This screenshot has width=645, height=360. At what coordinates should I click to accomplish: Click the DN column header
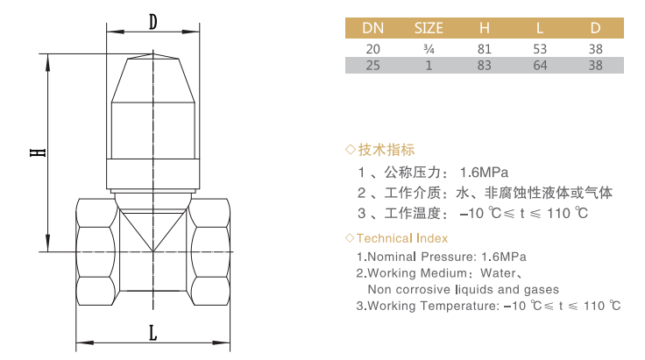click(x=372, y=28)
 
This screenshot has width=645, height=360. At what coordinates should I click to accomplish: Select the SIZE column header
click(x=429, y=28)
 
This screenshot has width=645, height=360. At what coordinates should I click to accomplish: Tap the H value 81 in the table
click(x=484, y=49)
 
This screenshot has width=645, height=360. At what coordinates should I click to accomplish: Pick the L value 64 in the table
click(x=540, y=66)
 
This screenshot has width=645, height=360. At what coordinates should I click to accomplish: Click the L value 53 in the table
click(x=540, y=49)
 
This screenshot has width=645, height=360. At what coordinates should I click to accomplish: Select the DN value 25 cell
click(x=372, y=66)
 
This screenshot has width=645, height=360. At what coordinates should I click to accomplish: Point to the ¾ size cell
click(x=429, y=49)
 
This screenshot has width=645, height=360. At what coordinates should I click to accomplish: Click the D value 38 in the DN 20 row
click(x=595, y=49)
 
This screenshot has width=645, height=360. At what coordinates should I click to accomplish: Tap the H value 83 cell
click(x=484, y=66)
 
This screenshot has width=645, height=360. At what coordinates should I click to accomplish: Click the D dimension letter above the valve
click(x=153, y=22)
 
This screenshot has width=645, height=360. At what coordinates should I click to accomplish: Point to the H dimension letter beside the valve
click(x=38, y=152)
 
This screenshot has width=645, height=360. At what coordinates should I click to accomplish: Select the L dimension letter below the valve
click(x=153, y=333)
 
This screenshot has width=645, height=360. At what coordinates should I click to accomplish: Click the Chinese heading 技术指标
click(x=386, y=150)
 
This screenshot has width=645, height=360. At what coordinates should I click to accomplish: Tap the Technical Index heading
click(x=402, y=238)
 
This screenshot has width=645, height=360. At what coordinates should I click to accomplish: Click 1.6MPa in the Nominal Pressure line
click(x=504, y=257)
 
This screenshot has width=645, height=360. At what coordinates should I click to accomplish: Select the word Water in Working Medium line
click(x=498, y=273)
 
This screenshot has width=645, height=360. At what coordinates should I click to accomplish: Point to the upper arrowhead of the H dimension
click(x=47, y=61)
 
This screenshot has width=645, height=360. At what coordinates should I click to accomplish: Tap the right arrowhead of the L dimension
click(x=221, y=342)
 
